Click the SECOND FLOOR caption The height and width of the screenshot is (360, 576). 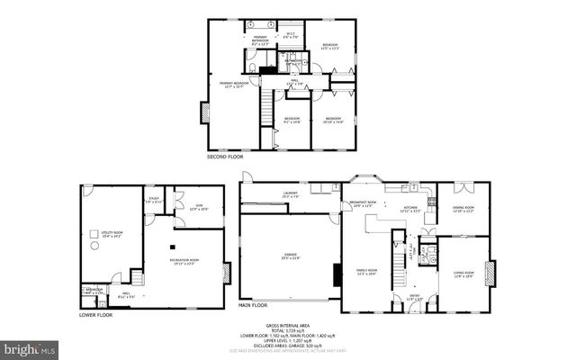pyautogui.click(x=224, y=157)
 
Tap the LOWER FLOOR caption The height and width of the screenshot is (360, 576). pyautogui.click(x=94, y=315)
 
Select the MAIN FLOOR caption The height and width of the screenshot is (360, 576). pyautogui.click(x=256, y=305)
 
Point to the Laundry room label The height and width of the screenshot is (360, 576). pyautogui.click(x=289, y=193)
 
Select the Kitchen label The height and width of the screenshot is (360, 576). pyautogui.click(x=410, y=209)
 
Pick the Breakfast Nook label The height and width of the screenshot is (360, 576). pyautogui.click(x=363, y=204)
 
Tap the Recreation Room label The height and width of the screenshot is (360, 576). pyautogui.click(x=184, y=261)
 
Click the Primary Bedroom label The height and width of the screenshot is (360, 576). pyautogui.click(x=234, y=84)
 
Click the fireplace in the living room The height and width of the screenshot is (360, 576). pyautogui.click(x=490, y=271)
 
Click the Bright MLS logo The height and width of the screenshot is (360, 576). pyautogui.click(x=28, y=347)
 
